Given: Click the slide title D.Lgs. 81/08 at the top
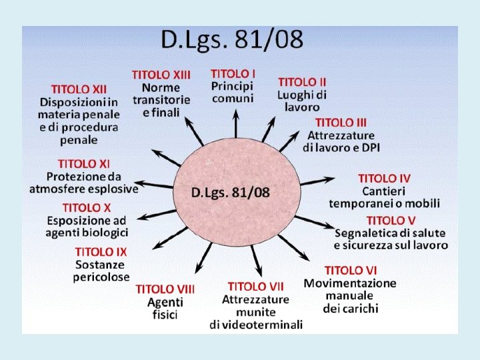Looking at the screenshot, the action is [231, 41].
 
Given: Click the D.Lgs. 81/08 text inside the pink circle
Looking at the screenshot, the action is [231, 193].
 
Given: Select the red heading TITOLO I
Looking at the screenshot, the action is [233, 73].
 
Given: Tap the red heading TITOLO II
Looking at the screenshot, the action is [302, 82].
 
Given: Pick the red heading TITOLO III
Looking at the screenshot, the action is [341, 123].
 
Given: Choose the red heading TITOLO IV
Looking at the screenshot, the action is [384, 178].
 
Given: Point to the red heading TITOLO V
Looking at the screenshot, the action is [391, 220].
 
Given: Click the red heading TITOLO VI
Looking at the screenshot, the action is [351, 270].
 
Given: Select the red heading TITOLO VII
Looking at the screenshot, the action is [256, 286].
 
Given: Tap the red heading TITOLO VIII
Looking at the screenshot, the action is [165, 289].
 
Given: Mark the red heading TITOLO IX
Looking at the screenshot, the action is [101, 252].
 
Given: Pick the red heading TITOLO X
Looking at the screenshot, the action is [87, 208].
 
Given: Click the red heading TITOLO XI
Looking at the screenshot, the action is [84, 163].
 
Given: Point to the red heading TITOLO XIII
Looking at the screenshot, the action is [161, 75].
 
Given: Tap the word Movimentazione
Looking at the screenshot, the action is [350, 283].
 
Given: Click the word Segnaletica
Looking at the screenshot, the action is [366, 233].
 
